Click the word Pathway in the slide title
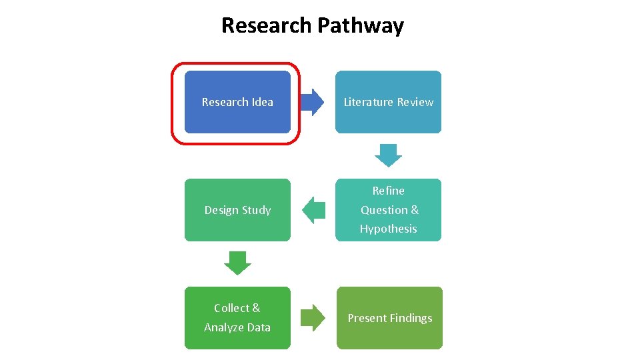pyautogui.click(x=361, y=25)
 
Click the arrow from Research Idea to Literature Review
pyautogui.click(x=312, y=102)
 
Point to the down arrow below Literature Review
pyautogui.click(x=388, y=155)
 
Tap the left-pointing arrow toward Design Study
pyautogui.click(x=313, y=210)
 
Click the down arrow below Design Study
pyautogui.click(x=237, y=263)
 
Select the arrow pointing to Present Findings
pyautogui.click(x=312, y=317)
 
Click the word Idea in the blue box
pyautogui.click(x=262, y=102)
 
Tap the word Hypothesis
pyautogui.click(x=388, y=229)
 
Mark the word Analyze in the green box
pyautogui.click(x=224, y=327)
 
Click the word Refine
pyautogui.click(x=388, y=191)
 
